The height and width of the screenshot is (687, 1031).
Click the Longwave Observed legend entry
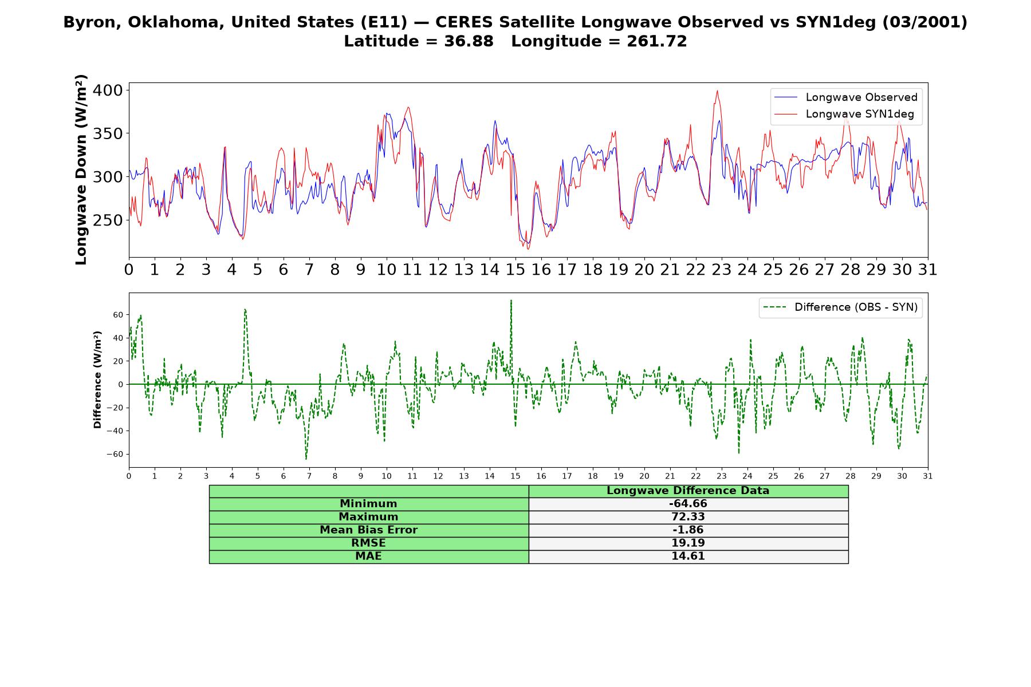pos(846,97)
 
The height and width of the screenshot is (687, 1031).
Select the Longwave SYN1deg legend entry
pos(844,114)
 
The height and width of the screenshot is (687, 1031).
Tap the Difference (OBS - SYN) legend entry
pos(840,307)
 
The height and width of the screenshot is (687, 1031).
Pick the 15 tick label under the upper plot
pos(515,270)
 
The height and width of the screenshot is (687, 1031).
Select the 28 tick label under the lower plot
pos(851,476)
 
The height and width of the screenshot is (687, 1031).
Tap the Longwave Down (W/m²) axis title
pos(81,169)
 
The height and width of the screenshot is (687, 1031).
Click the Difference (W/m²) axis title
pos(97,380)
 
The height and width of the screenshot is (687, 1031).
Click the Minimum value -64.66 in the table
pos(688,504)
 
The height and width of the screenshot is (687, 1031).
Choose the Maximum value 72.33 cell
pos(688,517)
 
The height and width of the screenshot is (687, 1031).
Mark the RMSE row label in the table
pos(368,543)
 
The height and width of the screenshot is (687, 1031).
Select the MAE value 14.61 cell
pos(688,556)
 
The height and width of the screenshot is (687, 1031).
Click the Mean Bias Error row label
pos(368,530)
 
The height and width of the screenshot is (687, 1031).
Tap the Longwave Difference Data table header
pos(688,491)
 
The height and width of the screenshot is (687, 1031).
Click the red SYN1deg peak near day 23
pos(717,90)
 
